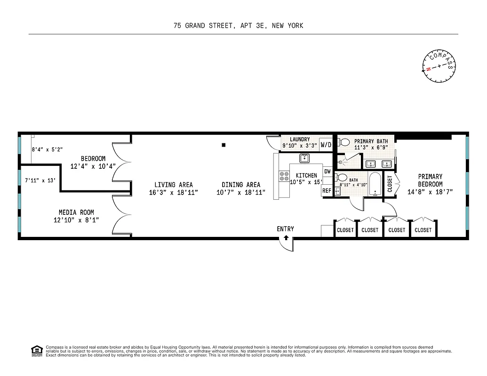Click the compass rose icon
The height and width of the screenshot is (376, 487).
coord(438,66)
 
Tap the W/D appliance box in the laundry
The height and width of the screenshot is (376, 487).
coord(326,145)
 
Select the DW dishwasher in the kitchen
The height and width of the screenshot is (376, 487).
coord(327,172)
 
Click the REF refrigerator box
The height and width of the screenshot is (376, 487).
coord(327,191)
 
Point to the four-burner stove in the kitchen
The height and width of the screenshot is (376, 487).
coord(284,176)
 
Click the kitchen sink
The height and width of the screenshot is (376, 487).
coord(304,158)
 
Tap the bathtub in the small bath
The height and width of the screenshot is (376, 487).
coord(375,187)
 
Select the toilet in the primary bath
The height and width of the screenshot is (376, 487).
coord(344,141)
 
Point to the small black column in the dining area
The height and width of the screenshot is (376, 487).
coord(224,145)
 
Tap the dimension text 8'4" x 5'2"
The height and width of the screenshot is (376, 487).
coord(47,149)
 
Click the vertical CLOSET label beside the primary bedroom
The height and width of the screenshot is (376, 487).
coord(390,184)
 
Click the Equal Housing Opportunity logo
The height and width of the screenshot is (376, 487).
coord(36,350)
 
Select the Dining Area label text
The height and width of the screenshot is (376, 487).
coord(241,185)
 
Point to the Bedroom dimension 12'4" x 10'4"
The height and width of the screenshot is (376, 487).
coord(93,166)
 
